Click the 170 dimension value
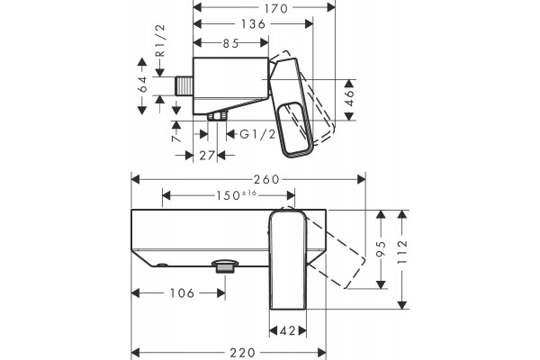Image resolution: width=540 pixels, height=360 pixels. pyautogui.click(x=275, y=8)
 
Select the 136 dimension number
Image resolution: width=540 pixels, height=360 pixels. pyautogui.click(x=253, y=24)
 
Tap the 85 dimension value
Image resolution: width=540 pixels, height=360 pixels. pyautogui.click(x=230, y=43)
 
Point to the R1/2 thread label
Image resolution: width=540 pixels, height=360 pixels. pyautogui.click(x=161, y=40)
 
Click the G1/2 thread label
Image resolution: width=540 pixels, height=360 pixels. pyautogui.click(x=258, y=134)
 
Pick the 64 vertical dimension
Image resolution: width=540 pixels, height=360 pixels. pyautogui.click(x=142, y=84)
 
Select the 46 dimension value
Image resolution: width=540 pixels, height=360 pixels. pyautogui.click(x=349, y=98)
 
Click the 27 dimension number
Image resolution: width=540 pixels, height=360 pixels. pyautogui.click(x=207, y=156)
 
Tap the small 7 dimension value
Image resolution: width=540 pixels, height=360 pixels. pyautogui.click(x=176, y=138)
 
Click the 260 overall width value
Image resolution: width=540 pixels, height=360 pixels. pyautogui.click(x=266, y=179)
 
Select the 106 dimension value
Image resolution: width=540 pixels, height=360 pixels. pyautogui.click(x=183, y=293)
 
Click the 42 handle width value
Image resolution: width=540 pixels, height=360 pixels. pyautogui.click(x=288, y=331)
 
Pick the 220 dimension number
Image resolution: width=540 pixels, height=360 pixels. pyautogui.click(x=242, y=353)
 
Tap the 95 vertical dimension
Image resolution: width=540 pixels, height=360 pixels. pyautogui.click(x=381, y=248)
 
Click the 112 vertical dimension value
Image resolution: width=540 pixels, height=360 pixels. pyautogui.click(x=402, y=252)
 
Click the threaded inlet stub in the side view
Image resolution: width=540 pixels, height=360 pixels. pyautogui.click(x=184, y=85)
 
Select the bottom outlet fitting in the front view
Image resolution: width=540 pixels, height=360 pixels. pyautogui.click(x=225, y=266)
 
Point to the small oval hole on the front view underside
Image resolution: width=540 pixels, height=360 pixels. pyautogui.click(x=162, y=265)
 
